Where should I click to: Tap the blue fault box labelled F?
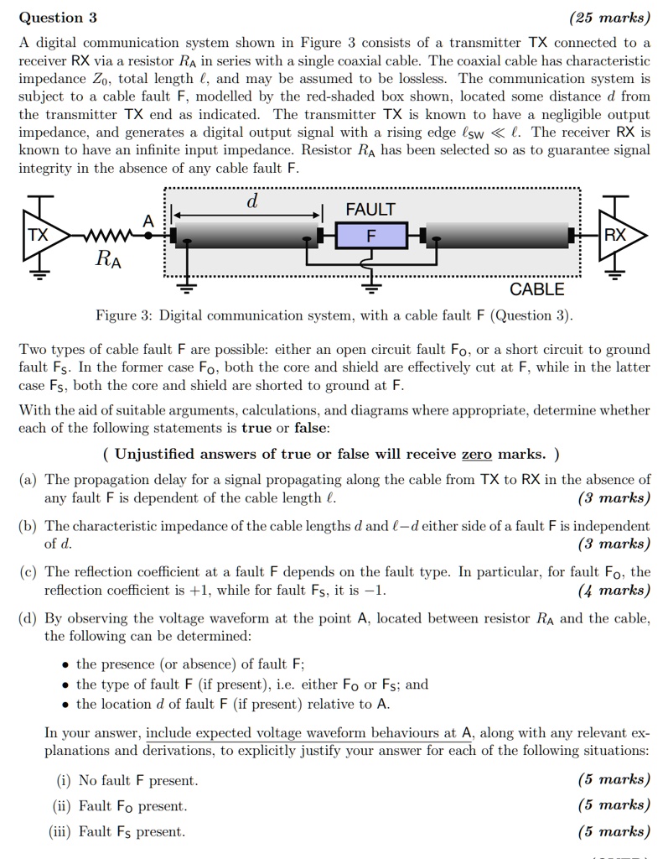pyautogui.click(x=370, y=237)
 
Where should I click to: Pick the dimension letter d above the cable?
pyautogui.click(x=251, y=202)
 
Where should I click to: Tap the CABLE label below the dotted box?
pyautogui.click(x=537, y=290)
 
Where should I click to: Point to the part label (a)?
pyautogui.click(x=28, y=480)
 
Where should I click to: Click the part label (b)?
pyautogui.click(x=28, y=526)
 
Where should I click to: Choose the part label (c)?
pyautogui.click(x=28, y=572)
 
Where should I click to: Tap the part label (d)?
pyautogui.click(x=28, y=618)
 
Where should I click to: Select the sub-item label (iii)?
pyautogui.click(x=62, y=832)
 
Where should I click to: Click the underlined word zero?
pyautogui.click(x=477, y=455)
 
